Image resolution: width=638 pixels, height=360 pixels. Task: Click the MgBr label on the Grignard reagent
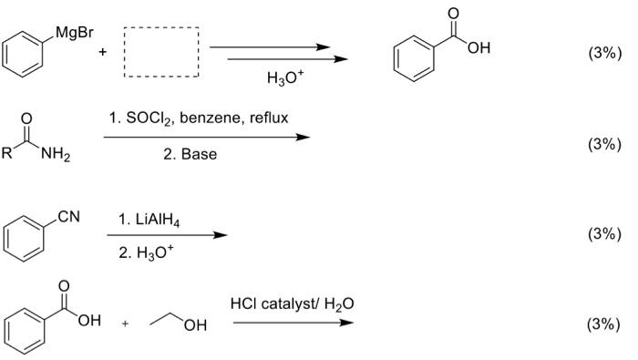coord(72,34)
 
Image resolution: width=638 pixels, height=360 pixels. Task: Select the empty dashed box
coord(160,53)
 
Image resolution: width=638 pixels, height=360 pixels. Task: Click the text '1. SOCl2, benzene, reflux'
coord(205,118)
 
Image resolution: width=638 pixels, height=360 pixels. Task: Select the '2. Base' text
coord(190,154)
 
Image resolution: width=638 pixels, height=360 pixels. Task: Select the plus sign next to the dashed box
coord(103,52)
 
